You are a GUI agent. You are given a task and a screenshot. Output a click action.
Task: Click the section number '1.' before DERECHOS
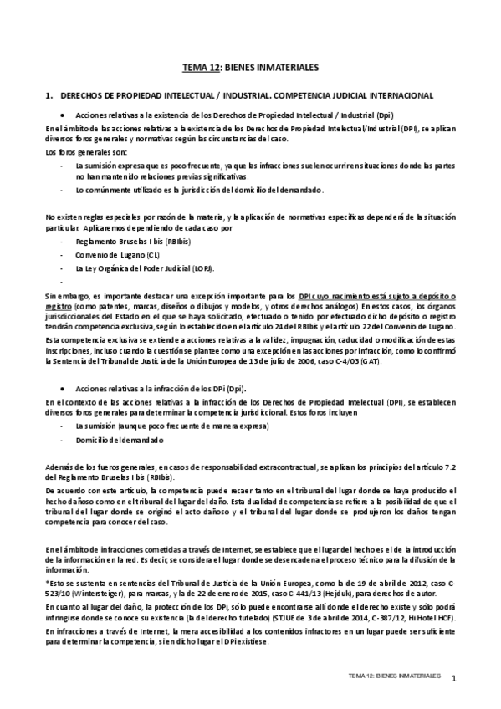[49, 96]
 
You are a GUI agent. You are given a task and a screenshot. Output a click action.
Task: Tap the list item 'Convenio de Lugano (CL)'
[111, 254]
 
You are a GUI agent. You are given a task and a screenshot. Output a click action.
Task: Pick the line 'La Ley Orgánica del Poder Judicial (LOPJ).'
[145, 268]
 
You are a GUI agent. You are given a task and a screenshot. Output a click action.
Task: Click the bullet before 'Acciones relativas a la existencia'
[63, 115]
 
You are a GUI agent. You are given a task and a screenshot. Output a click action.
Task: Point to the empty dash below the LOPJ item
[64, 282]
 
